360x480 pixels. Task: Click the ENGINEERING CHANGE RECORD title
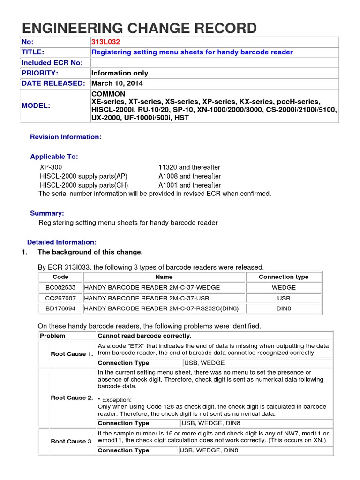point(139,28)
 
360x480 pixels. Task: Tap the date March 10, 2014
point(117,83)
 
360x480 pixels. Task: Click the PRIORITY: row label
point(40,73)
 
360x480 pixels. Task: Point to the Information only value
point(120,73)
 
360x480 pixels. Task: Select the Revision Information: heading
point(66,137)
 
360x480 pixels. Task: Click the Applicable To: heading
point(54,156)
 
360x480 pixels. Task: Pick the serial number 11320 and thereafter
point(189,167)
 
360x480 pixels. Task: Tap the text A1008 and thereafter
point(189,176)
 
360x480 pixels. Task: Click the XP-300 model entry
point(51,167)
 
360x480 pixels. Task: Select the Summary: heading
point(47,213)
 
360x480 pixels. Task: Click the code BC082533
point(60,287)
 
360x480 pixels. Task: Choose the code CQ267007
point(60,298)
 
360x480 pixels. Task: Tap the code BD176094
point(60,308)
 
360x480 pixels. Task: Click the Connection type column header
point(284,277)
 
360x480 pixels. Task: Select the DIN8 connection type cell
point(284,308)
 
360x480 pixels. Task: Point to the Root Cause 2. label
point(72,397)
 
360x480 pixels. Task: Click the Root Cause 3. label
point(72,441)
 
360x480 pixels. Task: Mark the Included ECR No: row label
point(52,63)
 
